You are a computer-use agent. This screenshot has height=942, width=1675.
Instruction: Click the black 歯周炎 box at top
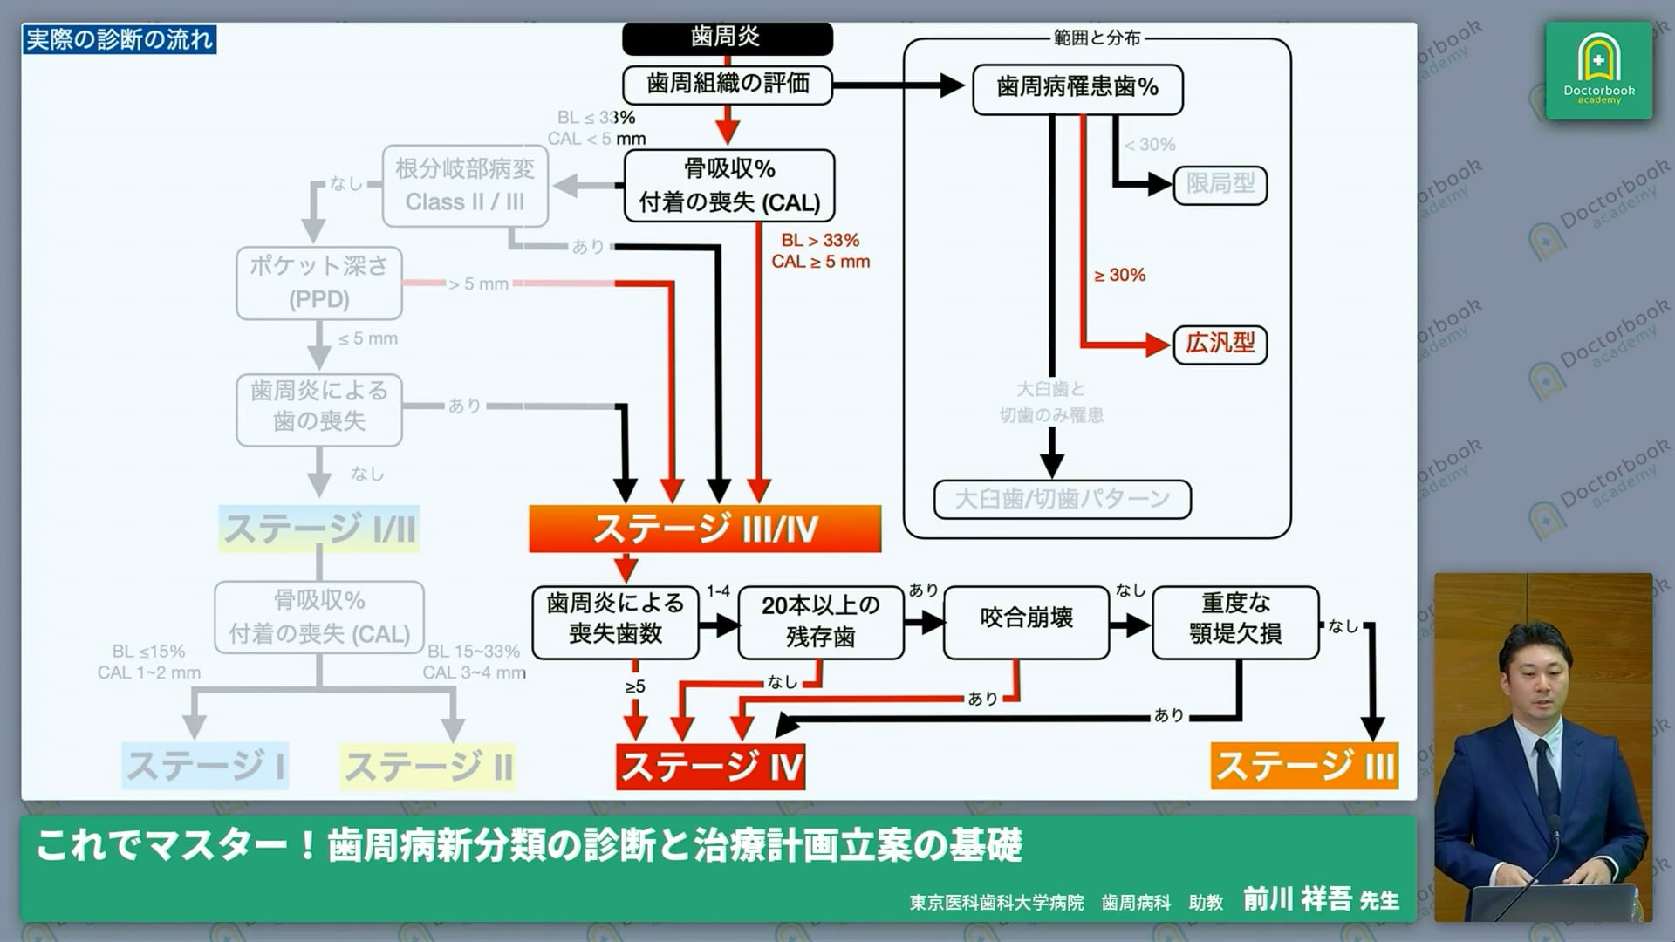click(727, 38)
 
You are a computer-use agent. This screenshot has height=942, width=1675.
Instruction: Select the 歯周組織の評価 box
click(727, 85)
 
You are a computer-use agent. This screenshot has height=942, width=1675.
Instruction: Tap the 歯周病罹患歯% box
click(1077, 88)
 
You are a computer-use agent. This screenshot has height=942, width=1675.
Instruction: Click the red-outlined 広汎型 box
click(1220, 344)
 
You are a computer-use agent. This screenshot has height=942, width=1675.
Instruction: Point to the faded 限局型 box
click(1220, 184)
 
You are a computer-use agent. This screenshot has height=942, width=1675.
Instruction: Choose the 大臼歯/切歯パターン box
click(1062, 499)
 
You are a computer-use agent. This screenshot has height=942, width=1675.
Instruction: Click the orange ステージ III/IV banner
click(705, 529)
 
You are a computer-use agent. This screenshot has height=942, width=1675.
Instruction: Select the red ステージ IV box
click(710, 767)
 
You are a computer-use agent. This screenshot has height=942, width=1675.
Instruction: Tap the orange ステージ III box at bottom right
click(1304, 767)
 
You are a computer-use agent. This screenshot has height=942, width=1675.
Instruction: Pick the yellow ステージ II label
click(427, 767)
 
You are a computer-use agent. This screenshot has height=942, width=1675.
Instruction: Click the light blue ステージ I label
click(205, 767)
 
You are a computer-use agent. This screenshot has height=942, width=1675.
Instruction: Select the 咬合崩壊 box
click(1026, 619)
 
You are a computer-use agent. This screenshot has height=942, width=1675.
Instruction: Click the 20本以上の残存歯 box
click(820, 621)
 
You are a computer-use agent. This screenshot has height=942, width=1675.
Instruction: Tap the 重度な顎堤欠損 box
click(1234, 619)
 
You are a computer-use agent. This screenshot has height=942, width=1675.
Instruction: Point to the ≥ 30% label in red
click(1119, 276)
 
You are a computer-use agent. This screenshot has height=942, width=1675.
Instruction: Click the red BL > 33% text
click(820, 241)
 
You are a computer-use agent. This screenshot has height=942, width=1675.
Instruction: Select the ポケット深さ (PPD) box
click(319, 283)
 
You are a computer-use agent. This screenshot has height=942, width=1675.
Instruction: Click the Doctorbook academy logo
click(1598, 71)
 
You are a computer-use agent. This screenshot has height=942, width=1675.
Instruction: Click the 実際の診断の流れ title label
click(120, 39)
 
